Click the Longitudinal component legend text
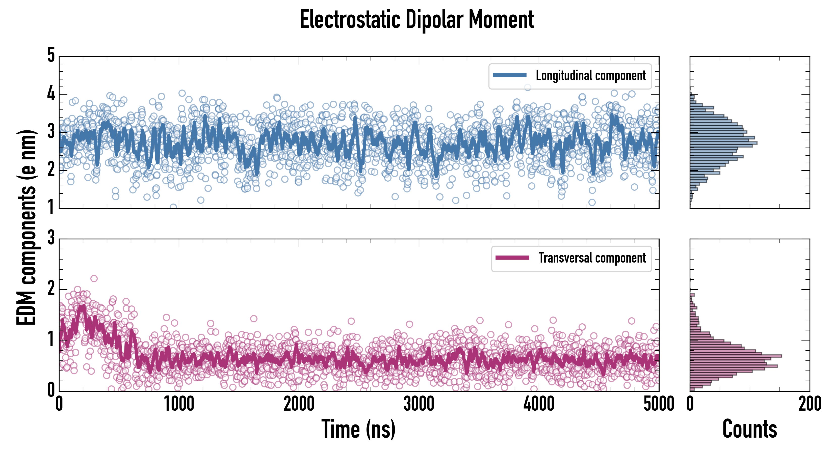(x=590, y=76)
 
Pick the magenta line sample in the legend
(x=512, y=258)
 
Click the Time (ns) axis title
(x=358, y=429)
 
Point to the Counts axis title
(x=749, y=429)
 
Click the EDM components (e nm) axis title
(x=27, y=228)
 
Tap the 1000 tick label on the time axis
(x=179, y=404)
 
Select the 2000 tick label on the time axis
(x=299, y=404)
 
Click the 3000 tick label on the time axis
(x=419, y=404)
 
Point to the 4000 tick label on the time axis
(x=539, y=404)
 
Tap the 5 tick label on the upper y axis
(x=51, y=55)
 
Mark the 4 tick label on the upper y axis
(x=51, y=94)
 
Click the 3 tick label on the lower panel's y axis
(x=51, y=238)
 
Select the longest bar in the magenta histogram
(x=736, y=356)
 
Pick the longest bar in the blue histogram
(x=723, y=143)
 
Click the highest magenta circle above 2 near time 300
(x=94, y=278)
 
